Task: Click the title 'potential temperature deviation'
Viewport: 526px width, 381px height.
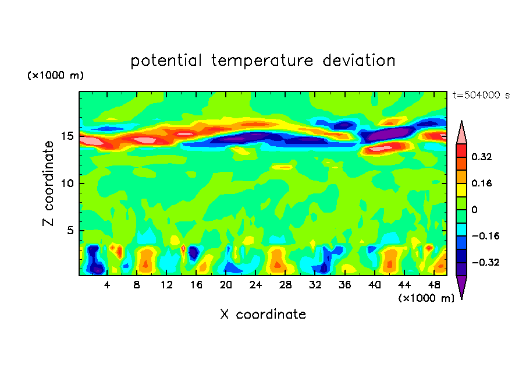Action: pos(262,61)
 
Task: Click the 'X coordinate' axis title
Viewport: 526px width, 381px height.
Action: pos(263,315)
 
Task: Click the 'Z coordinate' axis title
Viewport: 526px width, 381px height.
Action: pos(49,183)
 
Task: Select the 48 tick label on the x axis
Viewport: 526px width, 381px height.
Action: pos(433,285)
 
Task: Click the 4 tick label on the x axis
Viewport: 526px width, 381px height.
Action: pos(107,285)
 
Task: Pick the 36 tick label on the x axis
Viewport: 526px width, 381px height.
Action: pos(344,285)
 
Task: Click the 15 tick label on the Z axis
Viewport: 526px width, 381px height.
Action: pos(67,136)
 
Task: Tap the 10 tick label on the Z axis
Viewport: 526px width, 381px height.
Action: pos(67,184)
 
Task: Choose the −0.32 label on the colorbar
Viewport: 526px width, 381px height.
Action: pos(486,262)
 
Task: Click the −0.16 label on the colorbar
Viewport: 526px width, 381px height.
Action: pos(486,236)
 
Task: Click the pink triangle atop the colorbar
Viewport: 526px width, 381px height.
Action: pos(461,133)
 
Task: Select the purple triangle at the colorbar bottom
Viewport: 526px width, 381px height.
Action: pos(461,287)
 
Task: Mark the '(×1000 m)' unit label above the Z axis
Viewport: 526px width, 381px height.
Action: pos(55,76)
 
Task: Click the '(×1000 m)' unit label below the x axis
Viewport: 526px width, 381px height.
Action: pos(426,298)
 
